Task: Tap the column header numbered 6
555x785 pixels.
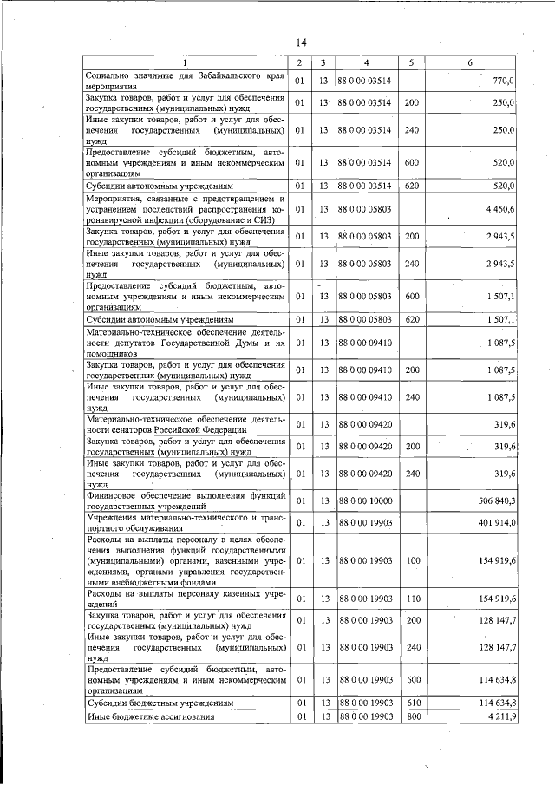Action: coord(469,63)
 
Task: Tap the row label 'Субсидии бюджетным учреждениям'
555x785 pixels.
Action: coord(160,702)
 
